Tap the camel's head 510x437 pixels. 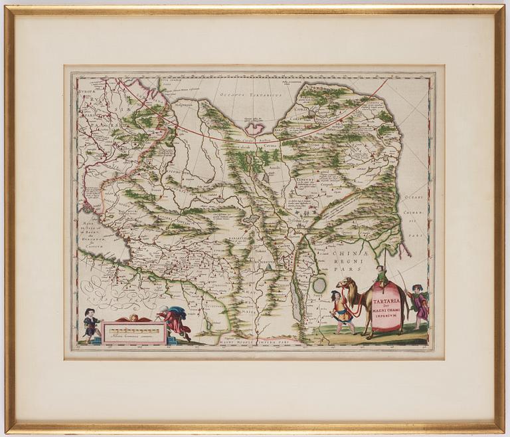pos(341,285)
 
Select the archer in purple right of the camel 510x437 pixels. pos(419,305)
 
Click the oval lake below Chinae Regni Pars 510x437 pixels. pos(319,285)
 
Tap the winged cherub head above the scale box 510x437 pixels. pos(134,318)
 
